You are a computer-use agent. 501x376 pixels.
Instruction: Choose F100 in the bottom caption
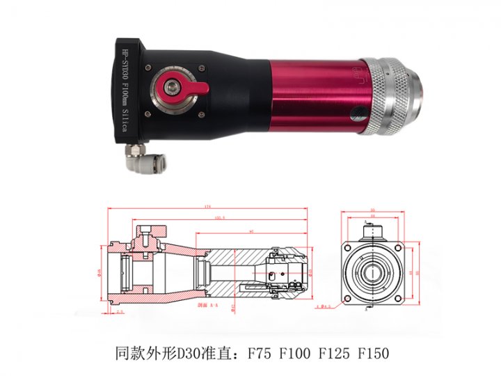[296, 352]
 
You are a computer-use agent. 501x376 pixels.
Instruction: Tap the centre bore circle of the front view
[374, 273]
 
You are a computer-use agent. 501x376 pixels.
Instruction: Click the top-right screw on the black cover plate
[202, 68]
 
